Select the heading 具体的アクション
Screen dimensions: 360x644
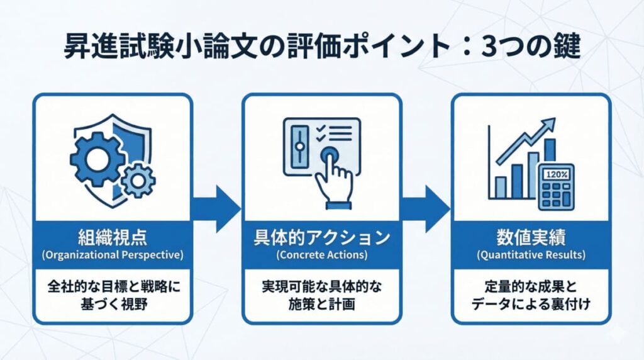(321, 239)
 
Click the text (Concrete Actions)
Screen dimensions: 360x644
(321, 256)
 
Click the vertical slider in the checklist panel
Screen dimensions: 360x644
(300, 146)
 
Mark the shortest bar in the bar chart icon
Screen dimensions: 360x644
(501, 186)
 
